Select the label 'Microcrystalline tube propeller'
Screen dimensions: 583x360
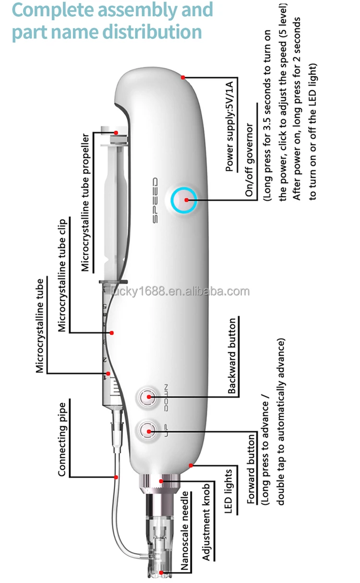[x=85, y=202]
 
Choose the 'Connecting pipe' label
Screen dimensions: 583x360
[x=62, y=439]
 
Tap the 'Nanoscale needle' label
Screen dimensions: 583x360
[x=185, y=526]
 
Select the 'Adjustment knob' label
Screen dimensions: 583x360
[x=207, y=520]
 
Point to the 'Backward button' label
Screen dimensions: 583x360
[x=232, y=357]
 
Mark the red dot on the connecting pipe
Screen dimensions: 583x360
[x=116, y=477]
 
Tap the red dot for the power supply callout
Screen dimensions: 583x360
[x=183, y=77]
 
